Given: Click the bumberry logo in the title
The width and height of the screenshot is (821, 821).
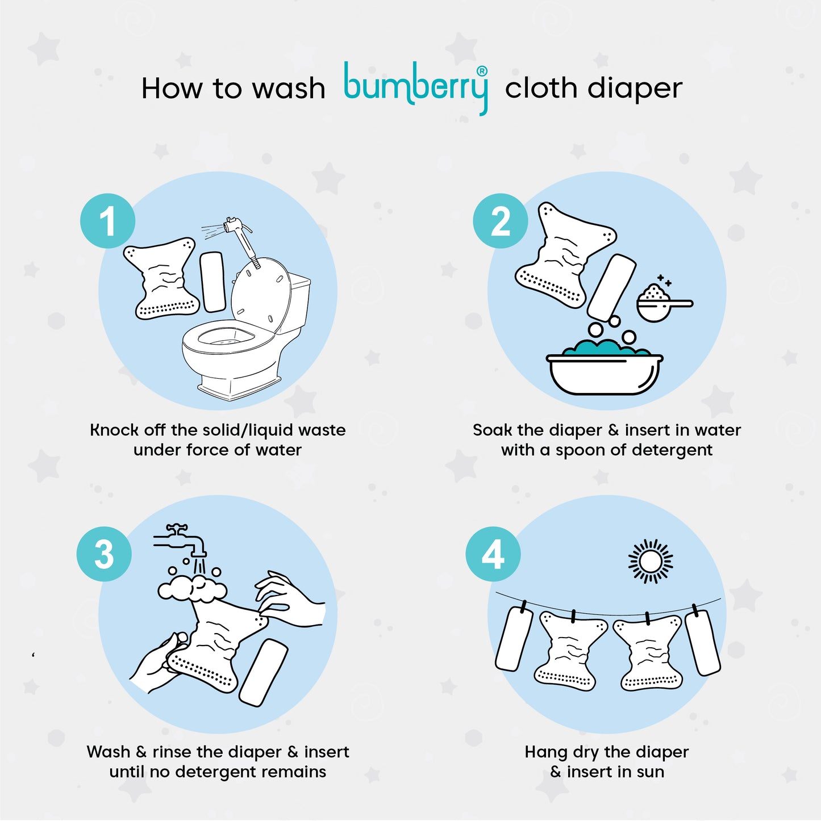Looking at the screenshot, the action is (416, 88).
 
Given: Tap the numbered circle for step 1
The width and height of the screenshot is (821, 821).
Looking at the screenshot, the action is (108, 221).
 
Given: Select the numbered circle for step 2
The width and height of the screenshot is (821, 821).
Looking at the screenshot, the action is (501, 221).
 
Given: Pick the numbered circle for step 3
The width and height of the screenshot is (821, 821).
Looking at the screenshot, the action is (104, 554).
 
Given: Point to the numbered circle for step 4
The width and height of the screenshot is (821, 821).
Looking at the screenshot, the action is (493, 554).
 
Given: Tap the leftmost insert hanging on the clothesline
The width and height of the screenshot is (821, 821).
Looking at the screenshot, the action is (514, 639).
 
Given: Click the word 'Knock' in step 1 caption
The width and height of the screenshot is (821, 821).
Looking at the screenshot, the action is (114, 430).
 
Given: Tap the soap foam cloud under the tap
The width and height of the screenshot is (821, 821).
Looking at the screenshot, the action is (192, 588).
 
